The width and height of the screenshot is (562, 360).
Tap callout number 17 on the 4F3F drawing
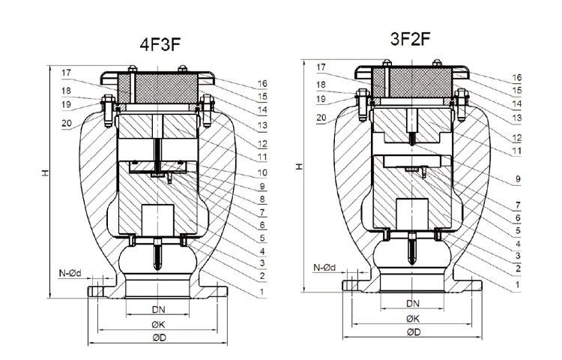click(67, 73)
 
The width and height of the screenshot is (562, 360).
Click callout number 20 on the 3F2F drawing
click(321, 118)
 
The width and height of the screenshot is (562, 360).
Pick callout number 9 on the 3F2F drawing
click(517, 178)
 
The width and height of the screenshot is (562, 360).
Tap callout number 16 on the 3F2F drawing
click(517, 76)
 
